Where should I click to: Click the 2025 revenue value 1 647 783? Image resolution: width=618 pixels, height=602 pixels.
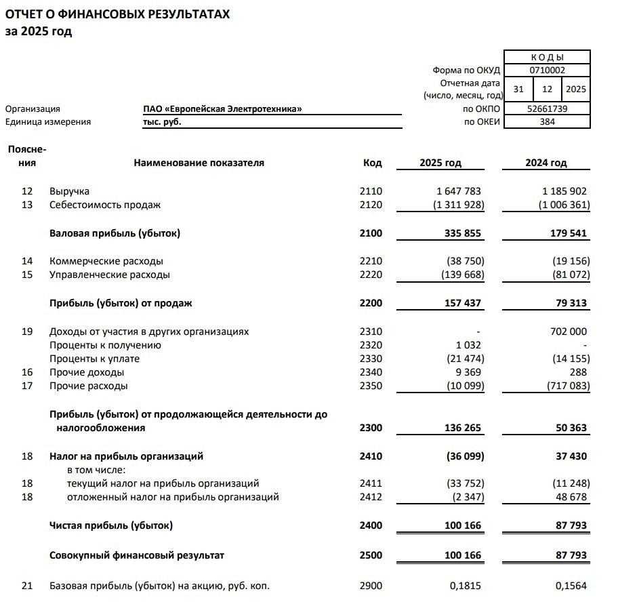click(x=453, y=191)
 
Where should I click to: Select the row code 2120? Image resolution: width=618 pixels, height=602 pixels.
click(x=371, y=205)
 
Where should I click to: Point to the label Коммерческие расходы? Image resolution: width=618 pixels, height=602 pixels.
click(x=106, y=261)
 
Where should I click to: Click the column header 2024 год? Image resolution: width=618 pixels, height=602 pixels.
click(x=545, y=163)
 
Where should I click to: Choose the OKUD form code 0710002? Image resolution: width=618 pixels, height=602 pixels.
click(x=547, y=70)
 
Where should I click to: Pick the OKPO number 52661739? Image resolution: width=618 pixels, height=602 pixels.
click(x=547, y=108)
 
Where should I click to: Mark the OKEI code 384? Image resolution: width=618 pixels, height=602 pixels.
click(x=547, y=122)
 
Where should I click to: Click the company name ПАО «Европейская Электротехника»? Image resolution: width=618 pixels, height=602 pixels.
click(x=218, y=108)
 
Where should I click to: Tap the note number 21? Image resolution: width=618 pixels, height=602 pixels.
click(x=27, y=586)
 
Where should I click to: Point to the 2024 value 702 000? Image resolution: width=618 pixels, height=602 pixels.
click(x=565, y=332)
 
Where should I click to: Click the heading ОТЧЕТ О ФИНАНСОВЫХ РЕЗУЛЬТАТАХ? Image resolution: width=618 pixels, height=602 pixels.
click(x=117, y=15)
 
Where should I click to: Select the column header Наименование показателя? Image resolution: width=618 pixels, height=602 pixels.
click(x=199, y=163)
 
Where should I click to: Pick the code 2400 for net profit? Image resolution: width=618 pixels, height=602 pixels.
click(x=371, y=525)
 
